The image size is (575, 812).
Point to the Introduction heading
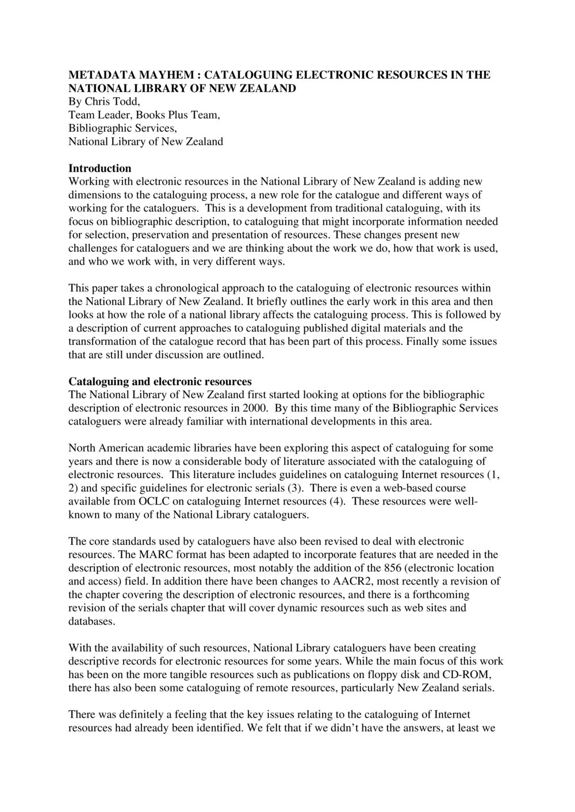point(99,168)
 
